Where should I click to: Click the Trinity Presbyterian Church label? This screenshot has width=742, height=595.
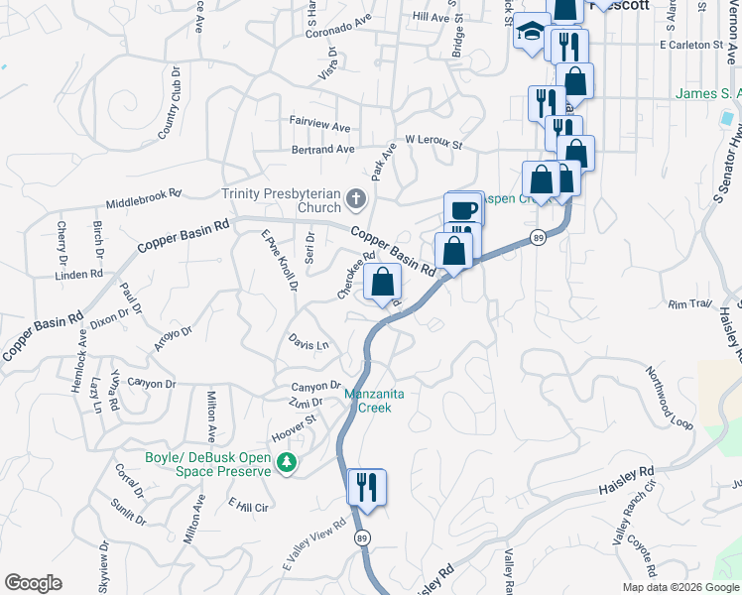[x=281, y=201]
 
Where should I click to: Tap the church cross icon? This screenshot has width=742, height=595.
[x=356, y=202]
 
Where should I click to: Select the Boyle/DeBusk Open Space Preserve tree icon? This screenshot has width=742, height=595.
[x=287, y=463]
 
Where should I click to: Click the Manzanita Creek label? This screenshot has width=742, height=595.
[x=375, y=401]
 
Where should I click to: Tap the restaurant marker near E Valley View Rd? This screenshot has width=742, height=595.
[x=366, y=487]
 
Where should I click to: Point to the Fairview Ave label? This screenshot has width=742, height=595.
[x=320, y=128]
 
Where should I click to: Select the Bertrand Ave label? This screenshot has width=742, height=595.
[x=323, y=150]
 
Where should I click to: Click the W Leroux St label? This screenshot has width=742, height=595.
[x=433, y=143]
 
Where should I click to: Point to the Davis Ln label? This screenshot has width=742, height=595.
[x=309, y=343]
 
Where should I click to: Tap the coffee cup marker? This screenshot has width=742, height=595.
[x=463, y=209]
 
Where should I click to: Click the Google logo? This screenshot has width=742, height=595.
[x=33, y=583]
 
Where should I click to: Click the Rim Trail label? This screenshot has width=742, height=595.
[x=690, y=304]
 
